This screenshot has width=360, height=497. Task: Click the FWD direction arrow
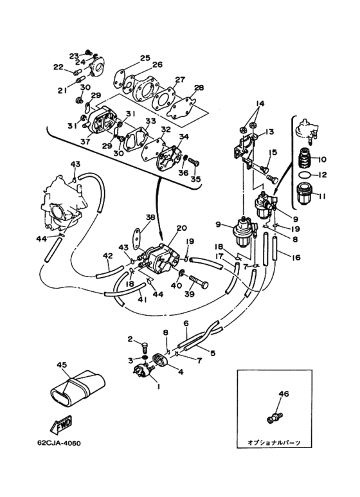click(x=62, y=424)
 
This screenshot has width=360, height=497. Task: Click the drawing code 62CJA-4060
click(x=59, y=442)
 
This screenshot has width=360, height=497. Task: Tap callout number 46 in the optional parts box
click(x=283, y=393)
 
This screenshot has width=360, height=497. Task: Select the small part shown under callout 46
click(x=274, y=417)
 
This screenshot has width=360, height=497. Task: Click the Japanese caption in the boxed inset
click(x=273, y=442)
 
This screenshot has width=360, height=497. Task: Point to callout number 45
click(x=62, y=365)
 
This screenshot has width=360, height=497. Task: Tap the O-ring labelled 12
click(x=305, y=174)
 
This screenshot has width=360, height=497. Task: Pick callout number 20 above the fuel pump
click(x=182, y=228)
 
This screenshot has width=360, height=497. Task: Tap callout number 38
click(x=150, y=217)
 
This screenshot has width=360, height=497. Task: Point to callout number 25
click(x=145, y=58)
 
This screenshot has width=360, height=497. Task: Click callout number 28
click(x=199, y=88)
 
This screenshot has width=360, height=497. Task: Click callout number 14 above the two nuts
click(x=260, y=104)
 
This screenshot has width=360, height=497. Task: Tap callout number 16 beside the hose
click(x=296, y=257)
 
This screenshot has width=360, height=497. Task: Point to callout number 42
click(x=108, y=255)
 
